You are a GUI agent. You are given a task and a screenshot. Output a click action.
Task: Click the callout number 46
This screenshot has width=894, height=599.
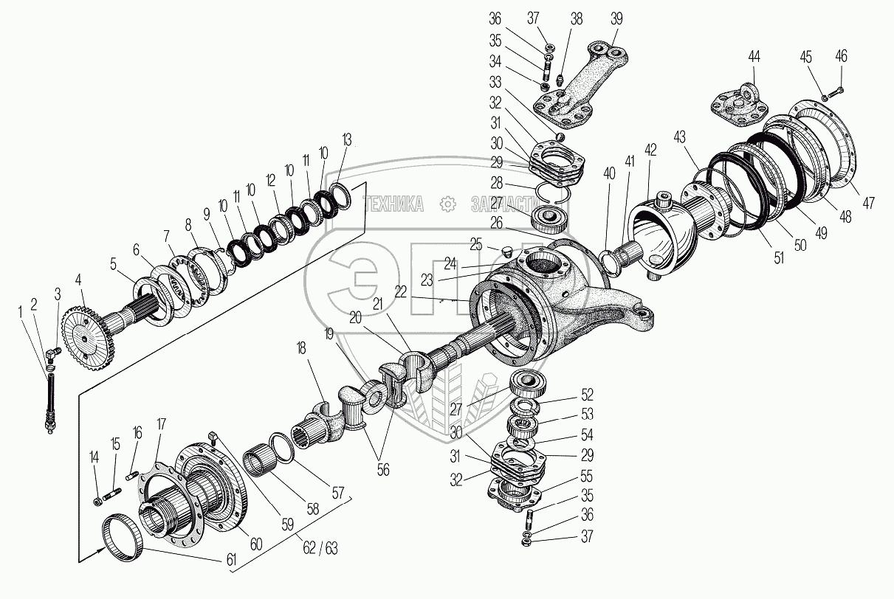point(842,57)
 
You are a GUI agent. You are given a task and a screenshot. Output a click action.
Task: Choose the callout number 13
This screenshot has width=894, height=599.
point(348,140)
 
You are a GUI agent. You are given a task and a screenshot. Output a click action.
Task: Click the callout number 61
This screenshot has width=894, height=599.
point(232,562)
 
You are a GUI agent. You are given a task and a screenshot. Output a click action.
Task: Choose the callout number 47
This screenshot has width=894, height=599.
point(868,204)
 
